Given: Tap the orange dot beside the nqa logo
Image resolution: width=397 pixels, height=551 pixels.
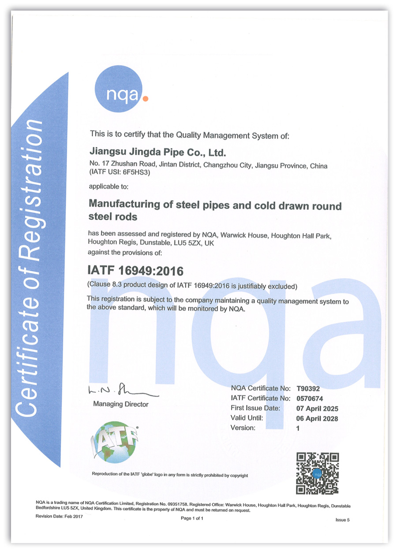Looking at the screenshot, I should [146, 99].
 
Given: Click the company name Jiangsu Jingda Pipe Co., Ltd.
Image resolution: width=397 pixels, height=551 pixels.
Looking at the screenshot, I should [157, 153].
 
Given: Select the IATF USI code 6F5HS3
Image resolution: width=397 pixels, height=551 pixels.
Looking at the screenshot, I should [139, 173].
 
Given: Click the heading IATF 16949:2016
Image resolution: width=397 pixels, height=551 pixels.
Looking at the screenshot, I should [136, 270].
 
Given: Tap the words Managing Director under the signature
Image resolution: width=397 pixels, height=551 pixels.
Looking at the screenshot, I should [120, 404].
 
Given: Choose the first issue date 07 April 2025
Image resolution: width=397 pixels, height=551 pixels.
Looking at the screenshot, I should [317, 408].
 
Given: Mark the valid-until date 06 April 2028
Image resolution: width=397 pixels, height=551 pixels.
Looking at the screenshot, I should [317, 418].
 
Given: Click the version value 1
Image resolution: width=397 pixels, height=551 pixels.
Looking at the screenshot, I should [298, 428].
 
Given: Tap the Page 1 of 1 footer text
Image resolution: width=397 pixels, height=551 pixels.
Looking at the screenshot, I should [192, 518].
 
